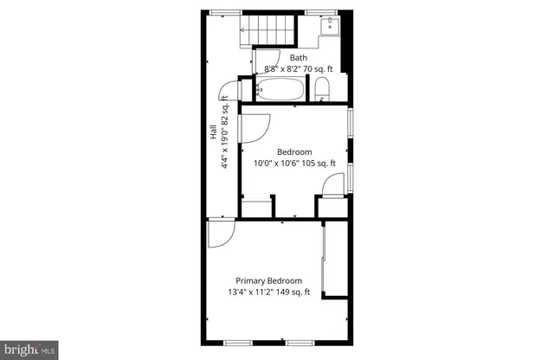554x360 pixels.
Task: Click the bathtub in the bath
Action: (280, 89)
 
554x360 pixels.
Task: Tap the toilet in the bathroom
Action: (321, 87)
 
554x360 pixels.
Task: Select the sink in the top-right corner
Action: (329, 26)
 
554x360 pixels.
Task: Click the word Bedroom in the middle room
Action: (294, 151)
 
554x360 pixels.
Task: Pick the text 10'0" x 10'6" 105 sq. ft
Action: (294, 163)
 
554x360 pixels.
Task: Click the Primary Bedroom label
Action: (270, 280)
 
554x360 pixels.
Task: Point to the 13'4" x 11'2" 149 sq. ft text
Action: (270, 292)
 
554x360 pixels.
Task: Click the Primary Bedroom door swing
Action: (219, 232)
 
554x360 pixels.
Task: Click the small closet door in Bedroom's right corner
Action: (330, 186)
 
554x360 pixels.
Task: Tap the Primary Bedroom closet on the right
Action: (334, 260)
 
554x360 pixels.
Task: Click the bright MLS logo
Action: (28, 348)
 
